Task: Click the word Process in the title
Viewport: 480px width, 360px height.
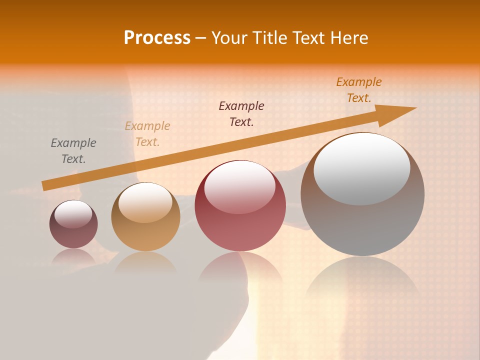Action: [157, 38]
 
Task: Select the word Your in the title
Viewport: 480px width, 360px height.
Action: [228, 38]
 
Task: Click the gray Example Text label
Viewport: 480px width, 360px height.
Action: [73, 151]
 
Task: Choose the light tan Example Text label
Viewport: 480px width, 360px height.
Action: [147, 134]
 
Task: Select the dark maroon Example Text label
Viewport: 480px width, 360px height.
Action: [241, 114]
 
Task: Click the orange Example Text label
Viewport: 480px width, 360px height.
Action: [359, 90]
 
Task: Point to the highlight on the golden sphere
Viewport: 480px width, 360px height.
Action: [145, 202]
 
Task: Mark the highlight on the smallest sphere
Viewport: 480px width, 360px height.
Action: [73, 213]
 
